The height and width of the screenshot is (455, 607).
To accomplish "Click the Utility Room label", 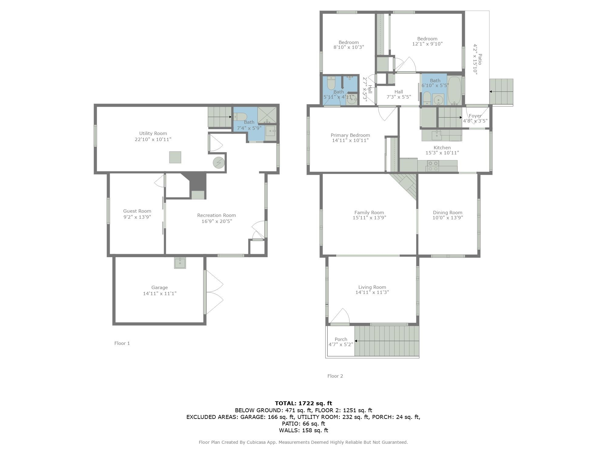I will click(x=153, y=133).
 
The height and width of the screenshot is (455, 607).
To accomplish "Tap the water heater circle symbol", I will click(x=218, y=163).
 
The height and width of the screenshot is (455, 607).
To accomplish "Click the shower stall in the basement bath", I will click(x=267, y=115).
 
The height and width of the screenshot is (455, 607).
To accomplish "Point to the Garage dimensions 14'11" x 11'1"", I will click(x=160, y=293).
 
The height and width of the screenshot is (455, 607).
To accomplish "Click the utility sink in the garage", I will click(x=180, y=263).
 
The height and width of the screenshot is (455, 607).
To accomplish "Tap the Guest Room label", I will click(x=137, y=211).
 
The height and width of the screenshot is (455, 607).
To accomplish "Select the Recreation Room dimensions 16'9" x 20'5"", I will click(x=216, y=221).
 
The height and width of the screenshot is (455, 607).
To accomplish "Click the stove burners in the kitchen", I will click(x=432, y=166).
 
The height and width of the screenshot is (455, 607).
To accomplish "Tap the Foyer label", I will click(x=475, y=116).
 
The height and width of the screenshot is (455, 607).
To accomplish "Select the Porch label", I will click(x=341, y=339).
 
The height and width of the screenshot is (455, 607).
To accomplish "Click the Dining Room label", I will click(x=447, y=212).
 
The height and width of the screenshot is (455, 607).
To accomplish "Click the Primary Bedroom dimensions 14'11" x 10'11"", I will click(x=350, y=140).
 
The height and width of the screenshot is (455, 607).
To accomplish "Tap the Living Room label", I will click(x=372, y=287).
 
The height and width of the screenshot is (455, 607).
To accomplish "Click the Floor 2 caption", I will click(x=335, y=376).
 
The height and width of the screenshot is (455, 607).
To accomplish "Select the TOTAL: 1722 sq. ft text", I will click(x=303, y=403).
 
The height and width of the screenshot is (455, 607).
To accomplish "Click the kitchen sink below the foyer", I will click(x=436, y=135).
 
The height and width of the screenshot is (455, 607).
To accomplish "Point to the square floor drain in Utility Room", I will click(x=175, y=157).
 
